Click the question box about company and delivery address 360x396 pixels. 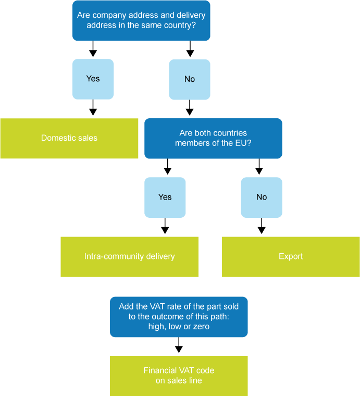[141, 20]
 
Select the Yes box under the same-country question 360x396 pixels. [93, 79]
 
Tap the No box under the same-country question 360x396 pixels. [190, 79]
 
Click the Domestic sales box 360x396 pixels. [69, 138]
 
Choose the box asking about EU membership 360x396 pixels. [213, 138]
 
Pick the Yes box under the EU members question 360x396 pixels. [165, 197]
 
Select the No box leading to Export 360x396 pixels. [262, 197]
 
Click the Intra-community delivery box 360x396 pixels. [129, 256]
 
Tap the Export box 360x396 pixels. [291, 256]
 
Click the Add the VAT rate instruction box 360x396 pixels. [179, 317]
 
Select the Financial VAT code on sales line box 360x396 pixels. [179, 376]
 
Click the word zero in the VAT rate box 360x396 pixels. [201, 327]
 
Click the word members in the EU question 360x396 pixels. [192, 143]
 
